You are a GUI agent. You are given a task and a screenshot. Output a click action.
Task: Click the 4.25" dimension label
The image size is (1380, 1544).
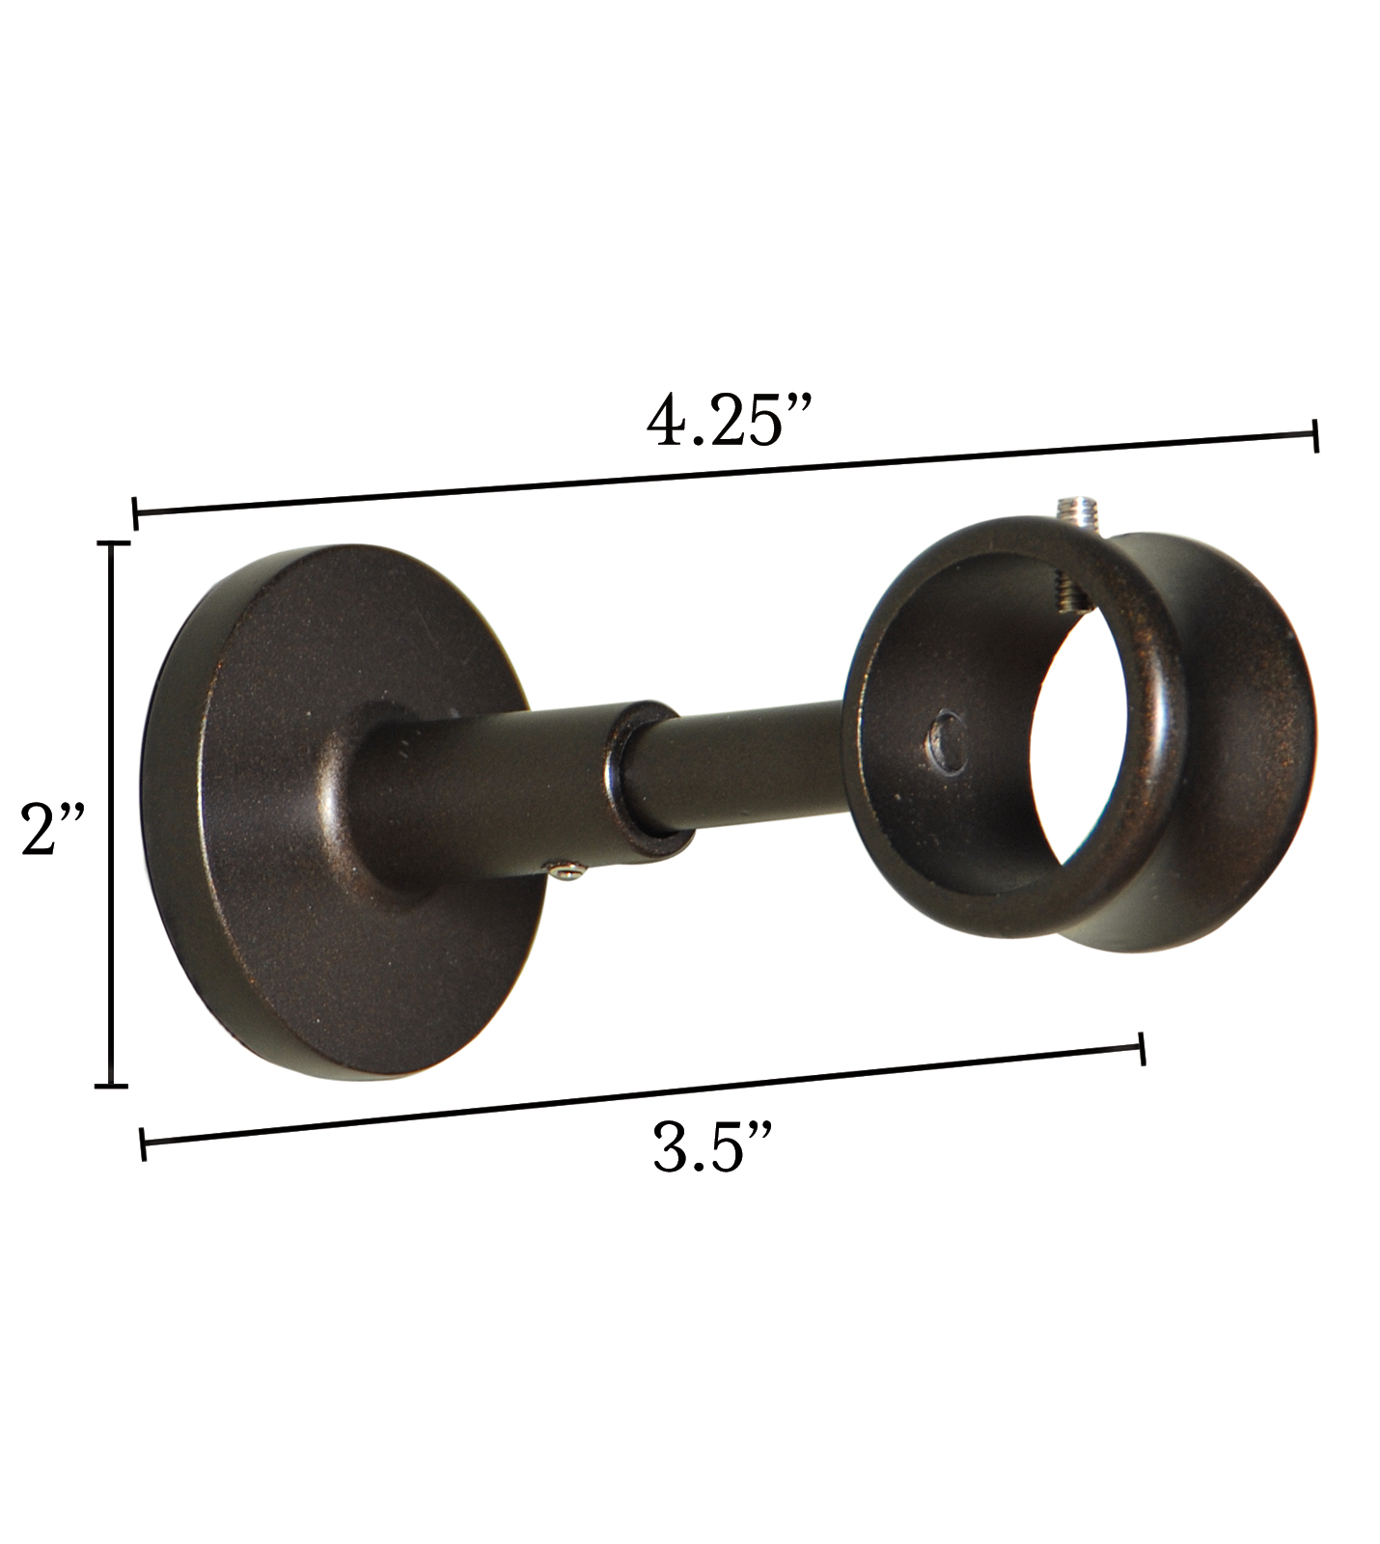tap(731, 421)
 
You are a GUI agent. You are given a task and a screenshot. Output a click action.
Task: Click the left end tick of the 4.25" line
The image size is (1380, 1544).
tap(135, 512)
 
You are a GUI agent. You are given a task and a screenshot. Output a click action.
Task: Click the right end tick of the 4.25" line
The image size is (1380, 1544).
tap(1315, 435)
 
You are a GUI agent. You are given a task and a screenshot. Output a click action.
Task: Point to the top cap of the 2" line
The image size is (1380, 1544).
tap(114, 545)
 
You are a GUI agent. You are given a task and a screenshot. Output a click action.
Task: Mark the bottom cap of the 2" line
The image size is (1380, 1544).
tap(113, 1086)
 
